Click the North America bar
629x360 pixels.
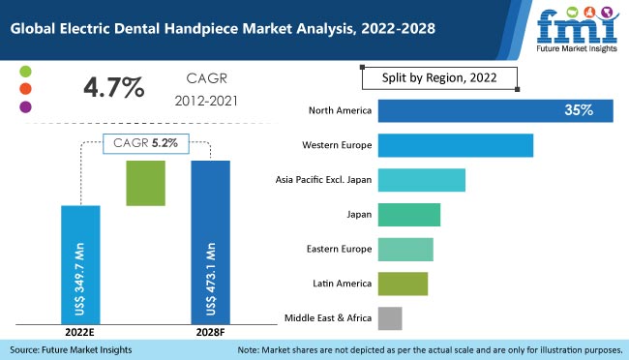click(494, 110)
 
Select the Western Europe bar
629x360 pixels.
click(455, 145)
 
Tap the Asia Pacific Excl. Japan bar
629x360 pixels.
click(421, 180)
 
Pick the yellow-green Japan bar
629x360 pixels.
click(408, 215)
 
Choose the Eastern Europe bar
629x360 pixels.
click(404, 249)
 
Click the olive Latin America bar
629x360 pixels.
click(402, 284)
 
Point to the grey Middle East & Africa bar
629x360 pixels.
click(389, 317)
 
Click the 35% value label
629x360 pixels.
click(579, 110)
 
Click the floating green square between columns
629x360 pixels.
click(146, 183)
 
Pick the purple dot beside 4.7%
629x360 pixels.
click(24, 106)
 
